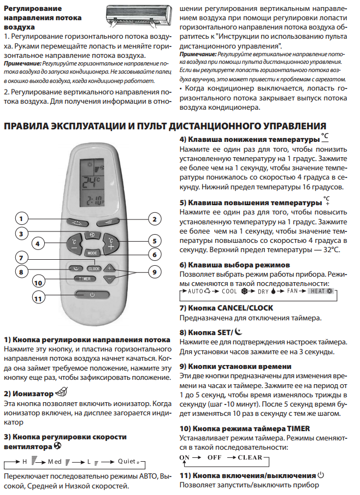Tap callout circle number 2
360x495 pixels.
(155, 219)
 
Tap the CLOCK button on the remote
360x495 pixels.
(94, 269)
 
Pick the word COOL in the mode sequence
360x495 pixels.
(229, 291)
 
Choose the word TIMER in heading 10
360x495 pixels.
(299, 428)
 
